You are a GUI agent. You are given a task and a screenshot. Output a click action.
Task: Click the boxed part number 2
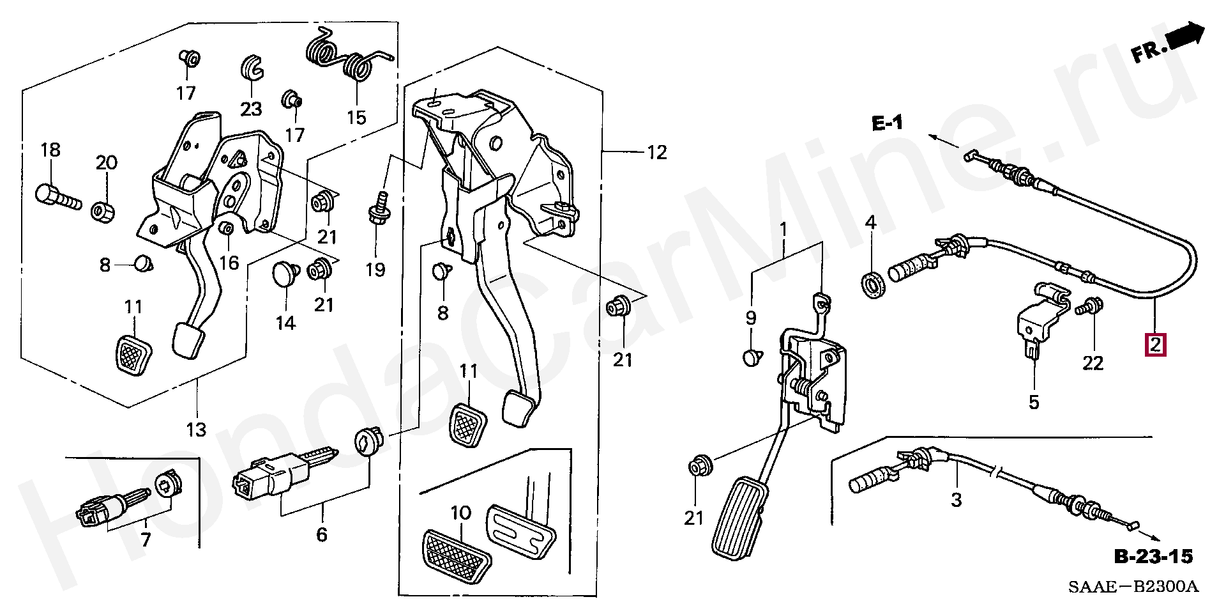coord(1156,345)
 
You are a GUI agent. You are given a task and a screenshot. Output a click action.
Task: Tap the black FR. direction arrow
coord(1186,36)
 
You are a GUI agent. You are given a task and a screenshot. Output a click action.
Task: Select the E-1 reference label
coord(888,123)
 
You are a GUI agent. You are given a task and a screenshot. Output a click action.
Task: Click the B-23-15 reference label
coord(1153,557)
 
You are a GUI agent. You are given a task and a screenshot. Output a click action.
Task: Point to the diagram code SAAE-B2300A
coord(1133,586)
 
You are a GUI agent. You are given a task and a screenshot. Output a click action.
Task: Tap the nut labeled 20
coord(103,210)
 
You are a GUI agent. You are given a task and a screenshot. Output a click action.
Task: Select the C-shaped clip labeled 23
coord(252,67)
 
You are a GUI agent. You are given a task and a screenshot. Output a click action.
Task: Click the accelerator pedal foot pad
coord(741,518)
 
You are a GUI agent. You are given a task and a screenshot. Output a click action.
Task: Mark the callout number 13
coord(196,429)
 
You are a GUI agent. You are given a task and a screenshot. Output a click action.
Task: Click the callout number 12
coord(656,152)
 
